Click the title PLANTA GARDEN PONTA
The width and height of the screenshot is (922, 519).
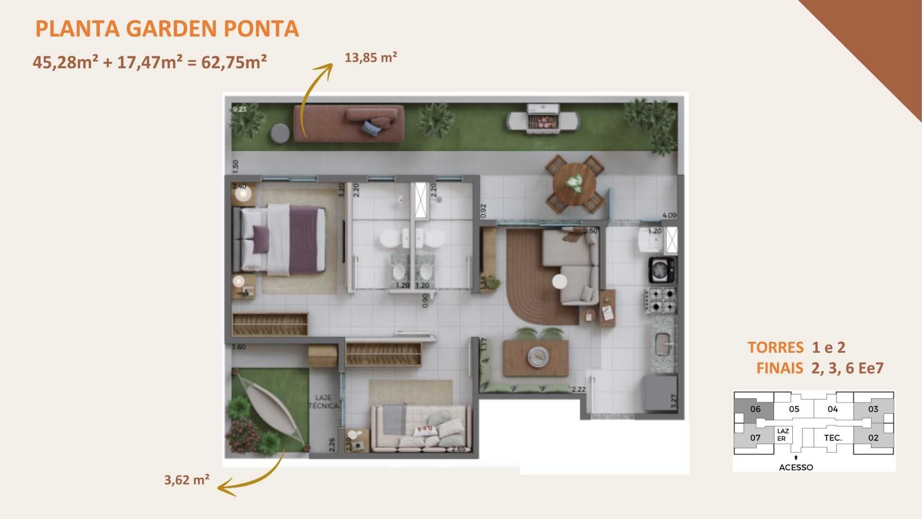point(167,29)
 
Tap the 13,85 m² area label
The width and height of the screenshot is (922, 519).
point(371,58)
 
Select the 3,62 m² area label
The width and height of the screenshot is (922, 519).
point(187,480)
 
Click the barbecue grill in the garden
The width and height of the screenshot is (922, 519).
point(542,119)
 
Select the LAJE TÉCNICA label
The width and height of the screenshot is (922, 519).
point(324,402)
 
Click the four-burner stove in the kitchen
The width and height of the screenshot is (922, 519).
point(661,299)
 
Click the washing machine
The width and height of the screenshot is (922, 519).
point(663,270)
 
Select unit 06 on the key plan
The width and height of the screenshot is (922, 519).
point(755,409)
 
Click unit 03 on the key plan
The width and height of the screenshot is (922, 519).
point(873,409)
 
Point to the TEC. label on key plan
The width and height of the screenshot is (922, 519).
point(833,438)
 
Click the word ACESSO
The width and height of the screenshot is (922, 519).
point(796,467)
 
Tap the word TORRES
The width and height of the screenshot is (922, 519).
point(775,347)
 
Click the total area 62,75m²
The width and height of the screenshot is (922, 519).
point(234,62)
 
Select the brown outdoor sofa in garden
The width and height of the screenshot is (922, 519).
point(349,124)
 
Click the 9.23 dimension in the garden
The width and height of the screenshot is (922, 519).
point(239,110)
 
